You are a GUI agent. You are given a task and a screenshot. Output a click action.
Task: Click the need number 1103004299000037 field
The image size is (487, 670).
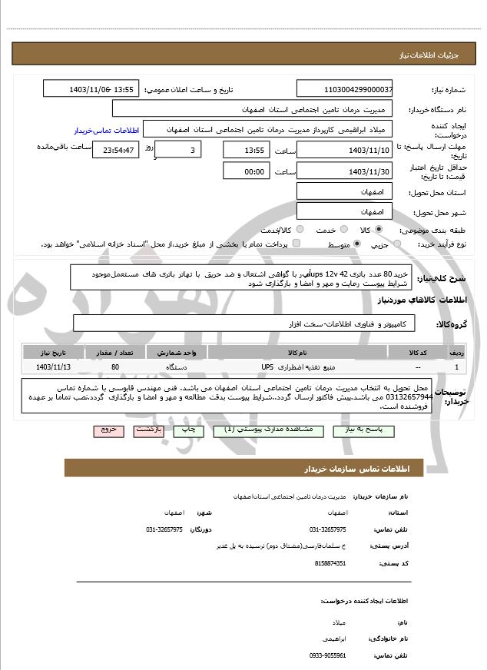coord(343,89)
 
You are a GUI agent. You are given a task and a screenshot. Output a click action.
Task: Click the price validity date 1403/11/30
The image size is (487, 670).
coord(343,172)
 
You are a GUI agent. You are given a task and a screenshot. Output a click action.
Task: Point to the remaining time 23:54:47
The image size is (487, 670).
coord(115,150)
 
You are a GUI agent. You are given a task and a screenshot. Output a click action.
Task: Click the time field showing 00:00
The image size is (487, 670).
coord(246,172)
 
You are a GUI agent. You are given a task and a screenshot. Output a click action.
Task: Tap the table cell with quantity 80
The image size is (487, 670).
coord(114,367)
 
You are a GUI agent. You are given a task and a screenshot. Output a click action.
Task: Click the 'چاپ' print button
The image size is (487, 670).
coord(187,431)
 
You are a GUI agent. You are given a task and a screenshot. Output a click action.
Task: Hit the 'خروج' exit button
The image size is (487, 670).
coord(107,431)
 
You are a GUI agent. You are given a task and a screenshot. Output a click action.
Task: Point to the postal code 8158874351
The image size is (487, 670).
coord(330,563)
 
